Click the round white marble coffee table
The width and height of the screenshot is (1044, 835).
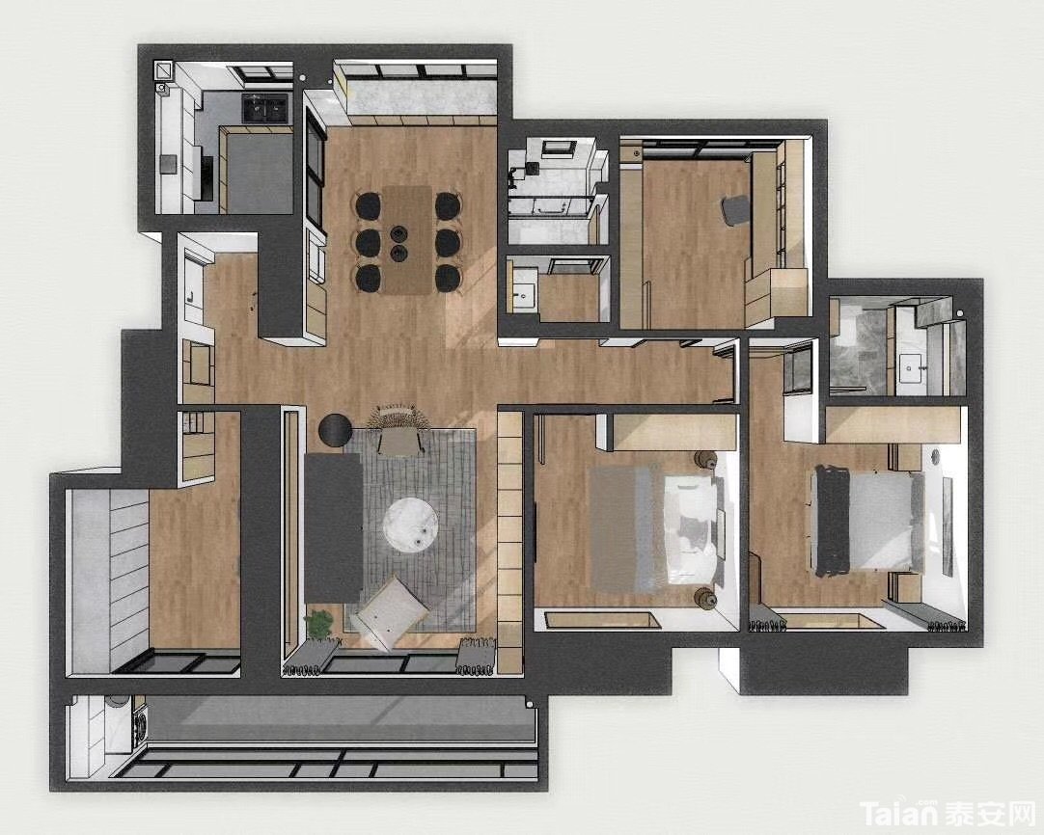pyautogui.click(x=411, y=525)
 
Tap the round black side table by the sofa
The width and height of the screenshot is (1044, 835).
pyautogui.click(x=335, y=430)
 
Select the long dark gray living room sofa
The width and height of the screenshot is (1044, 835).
pyautogui.click(x=333, y=527)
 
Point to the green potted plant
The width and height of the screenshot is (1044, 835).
pyautogui.click(x=318, y=624)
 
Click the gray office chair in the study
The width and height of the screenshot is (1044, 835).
pyautogui.click(x=735, y=210)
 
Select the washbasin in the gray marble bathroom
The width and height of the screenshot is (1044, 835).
pyautogui.click(x=910, y=368)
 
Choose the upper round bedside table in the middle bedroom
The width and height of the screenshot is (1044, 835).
pyautogui.click(x=704, y=459)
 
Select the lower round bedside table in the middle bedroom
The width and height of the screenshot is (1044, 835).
pyautogui.click(x=704, y=598)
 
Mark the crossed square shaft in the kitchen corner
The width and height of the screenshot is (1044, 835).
pyautogui.click(x=163, y=69)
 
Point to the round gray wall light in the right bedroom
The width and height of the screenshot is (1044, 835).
pyautogui.click(x=934, y=456)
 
